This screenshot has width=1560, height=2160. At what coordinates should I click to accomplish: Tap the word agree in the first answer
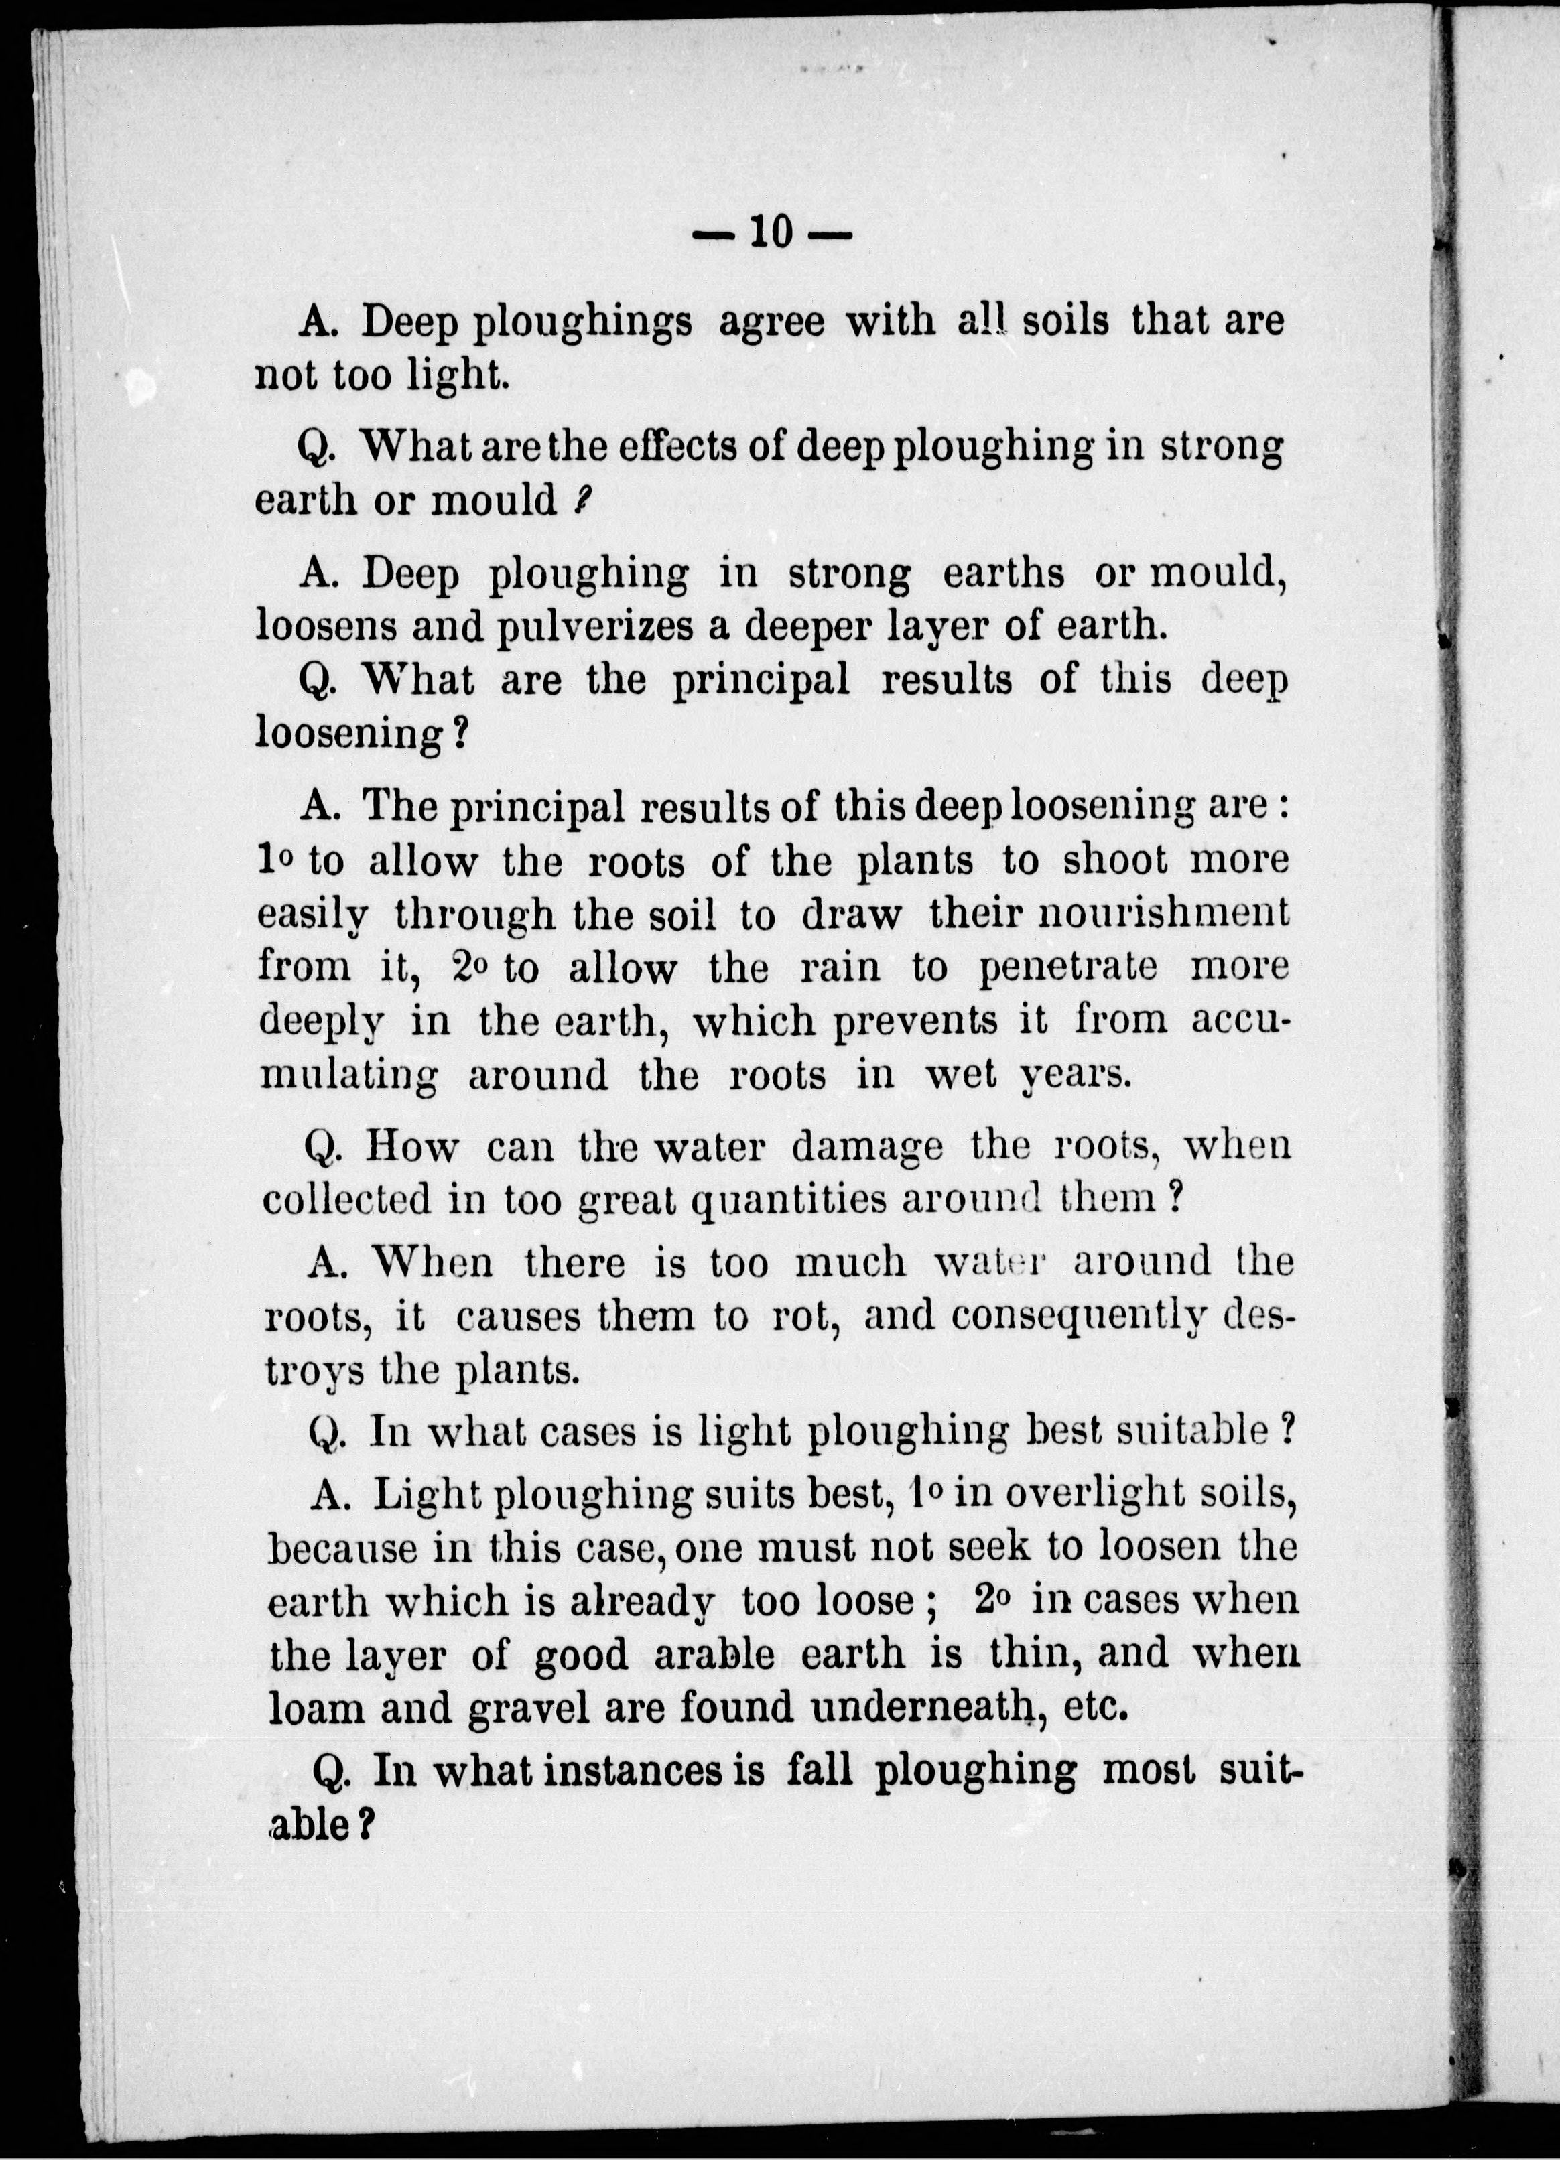tap(771, 321)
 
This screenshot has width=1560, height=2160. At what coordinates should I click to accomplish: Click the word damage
tap(866, 1146)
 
